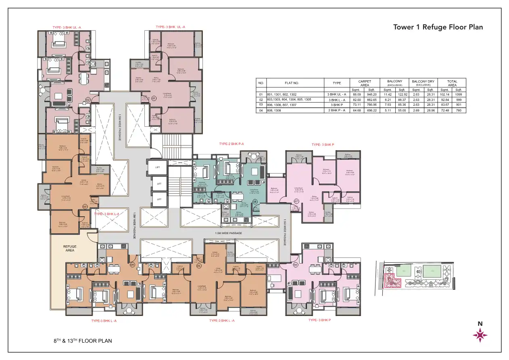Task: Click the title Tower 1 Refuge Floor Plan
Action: point(438,27)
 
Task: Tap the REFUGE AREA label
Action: point(70,248)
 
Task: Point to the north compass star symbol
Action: point(480,335)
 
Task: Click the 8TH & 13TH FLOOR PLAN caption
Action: point(83,341)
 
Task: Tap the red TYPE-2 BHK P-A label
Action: point(232,144)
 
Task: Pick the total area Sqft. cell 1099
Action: point(458,94)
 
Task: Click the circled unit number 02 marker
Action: point(87,99)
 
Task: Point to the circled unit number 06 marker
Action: point(296,265)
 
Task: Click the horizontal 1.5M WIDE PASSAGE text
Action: point(228,233)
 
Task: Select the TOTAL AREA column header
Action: point(452,83)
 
